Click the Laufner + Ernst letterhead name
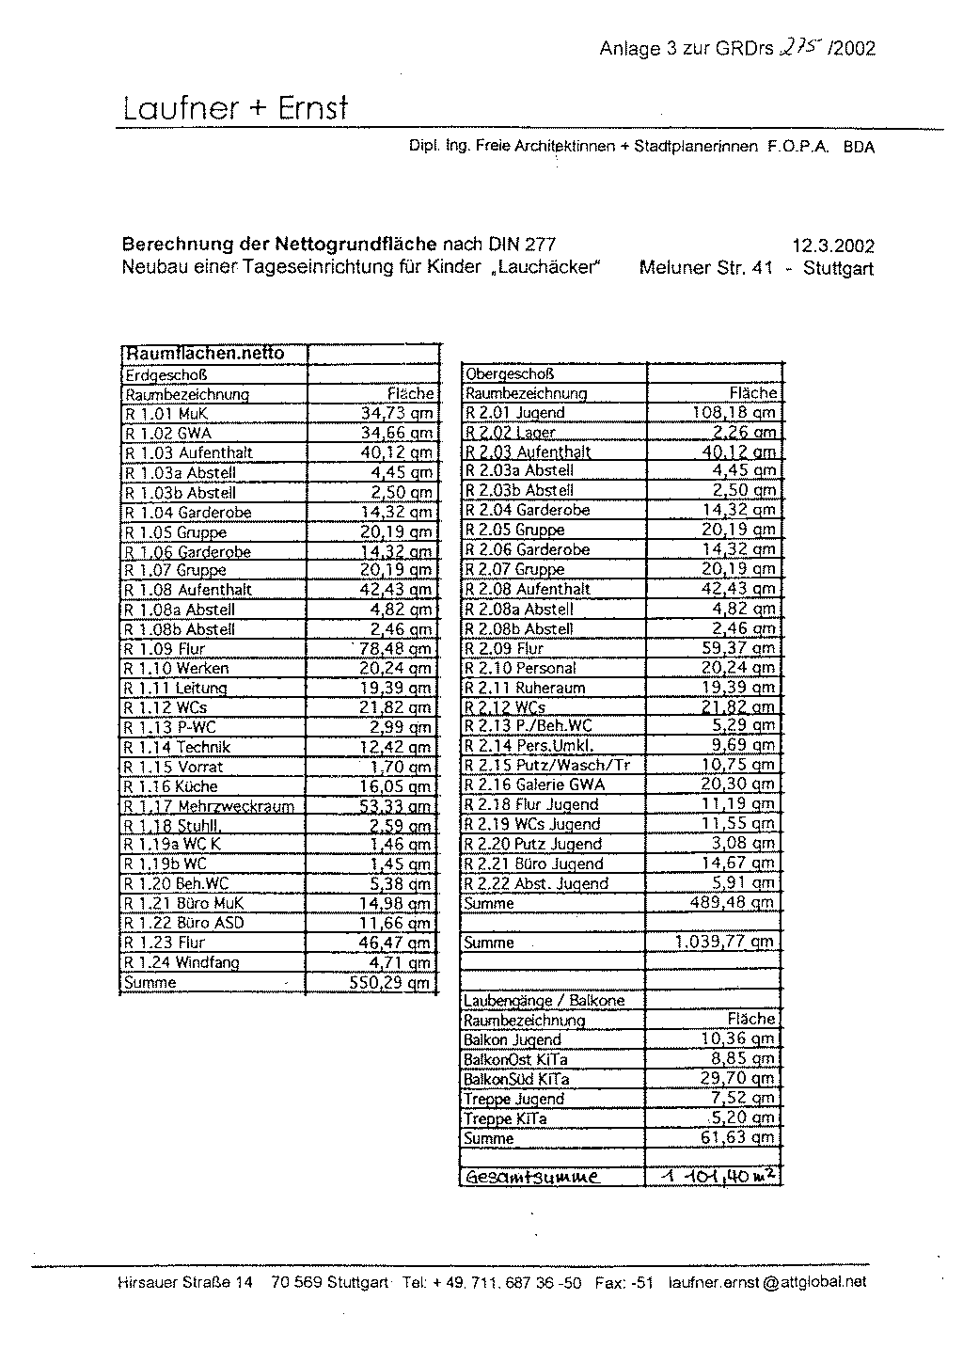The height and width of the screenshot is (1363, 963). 235,109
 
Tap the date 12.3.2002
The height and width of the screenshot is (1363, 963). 833,246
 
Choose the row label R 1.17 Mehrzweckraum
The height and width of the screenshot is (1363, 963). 210,806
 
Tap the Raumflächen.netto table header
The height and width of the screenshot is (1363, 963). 205,355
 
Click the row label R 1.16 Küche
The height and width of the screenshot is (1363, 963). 171,785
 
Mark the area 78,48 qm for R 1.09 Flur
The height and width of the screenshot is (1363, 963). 395,648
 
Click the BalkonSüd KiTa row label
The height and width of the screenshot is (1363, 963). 516,1079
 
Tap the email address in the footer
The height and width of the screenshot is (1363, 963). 767,1281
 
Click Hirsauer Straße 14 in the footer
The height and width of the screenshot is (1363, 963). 185,1281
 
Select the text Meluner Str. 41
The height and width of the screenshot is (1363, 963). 705,268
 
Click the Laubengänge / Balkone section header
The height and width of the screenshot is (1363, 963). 544,1001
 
